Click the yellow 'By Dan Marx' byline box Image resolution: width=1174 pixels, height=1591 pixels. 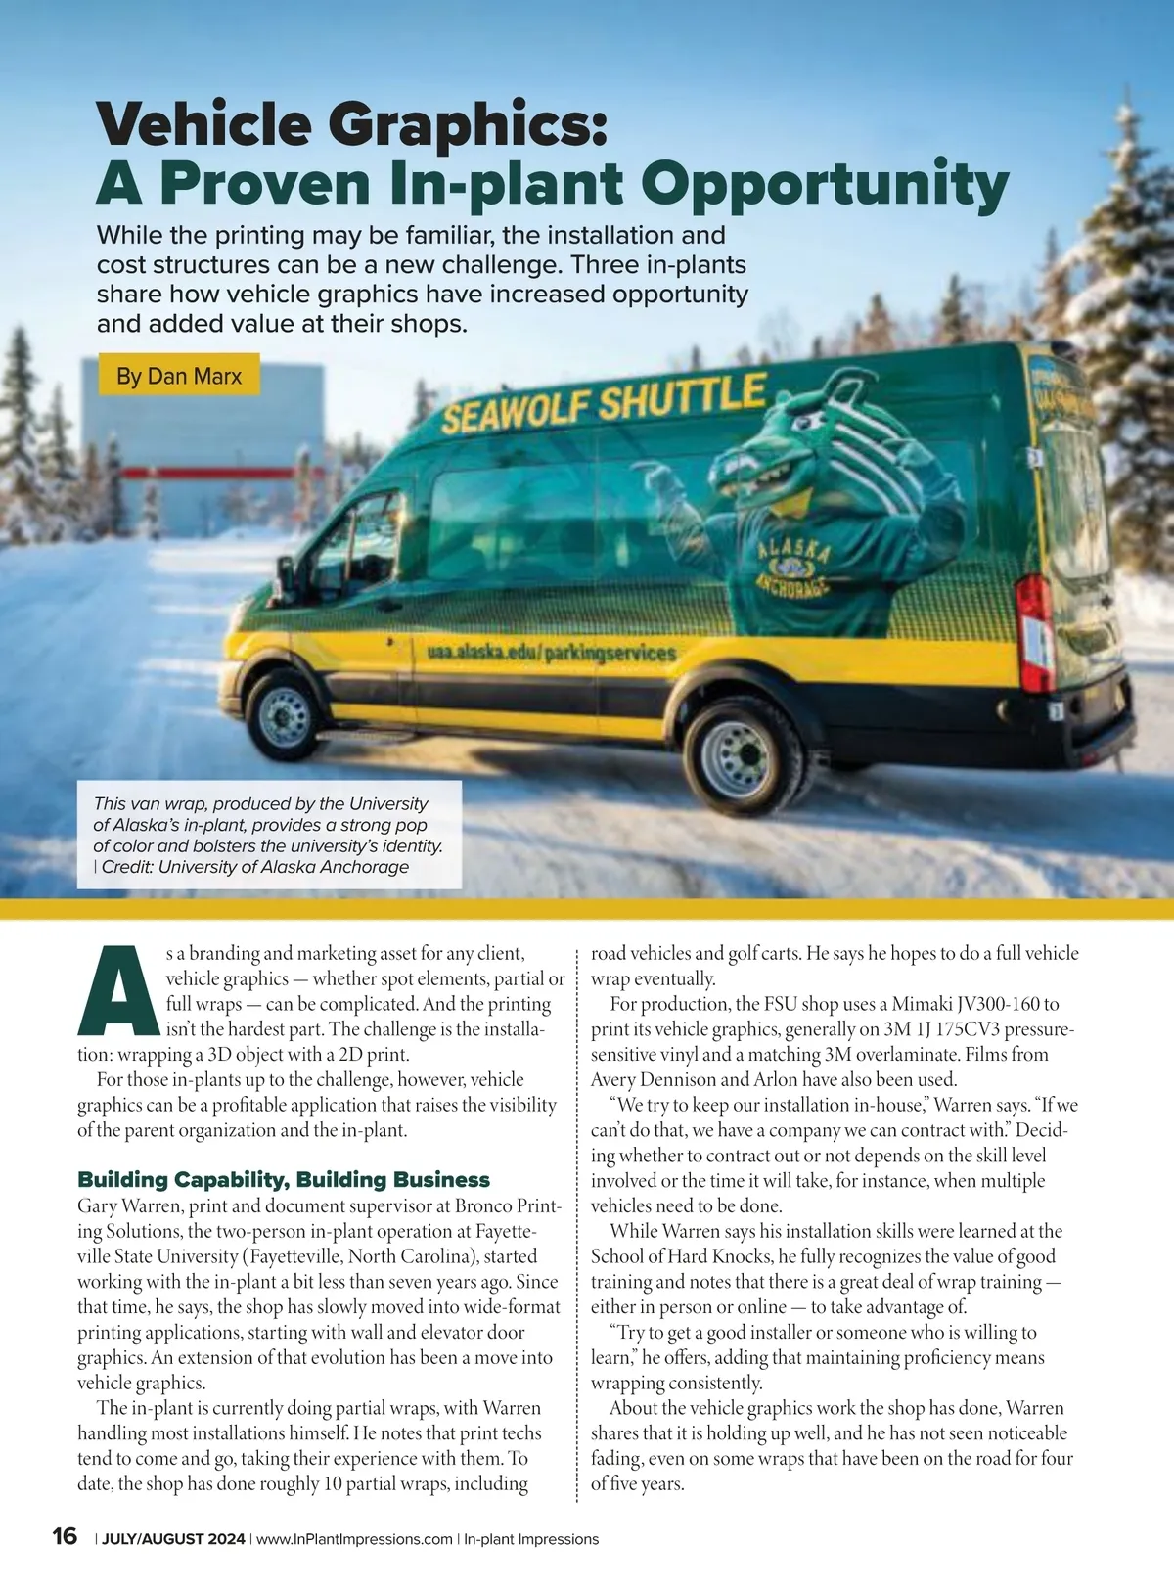click(179, 376)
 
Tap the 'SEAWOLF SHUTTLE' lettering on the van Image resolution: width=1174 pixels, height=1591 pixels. click(603, 403)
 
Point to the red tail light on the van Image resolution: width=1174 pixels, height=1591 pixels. click(1035, 632)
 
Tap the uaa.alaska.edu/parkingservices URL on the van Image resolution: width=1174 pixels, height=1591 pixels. click(551, 652)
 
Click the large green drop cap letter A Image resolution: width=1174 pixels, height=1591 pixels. click(118, 990)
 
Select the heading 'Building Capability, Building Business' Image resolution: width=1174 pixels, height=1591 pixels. click(284, 1179)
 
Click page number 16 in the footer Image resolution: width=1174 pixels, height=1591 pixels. click(65, 1536)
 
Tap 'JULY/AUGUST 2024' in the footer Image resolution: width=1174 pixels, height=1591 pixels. click(173, 1539)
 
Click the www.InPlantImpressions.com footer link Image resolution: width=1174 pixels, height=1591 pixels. click(354, 1539)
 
